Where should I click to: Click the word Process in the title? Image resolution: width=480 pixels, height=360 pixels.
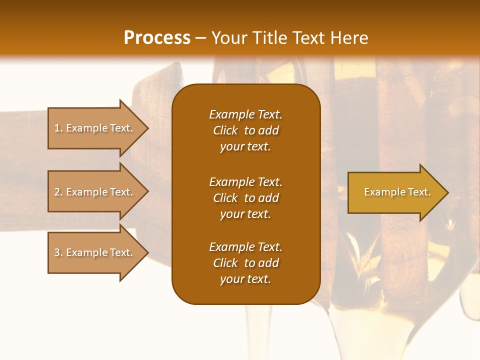(157, 38)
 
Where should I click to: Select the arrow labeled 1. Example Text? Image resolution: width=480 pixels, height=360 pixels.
(95, 128)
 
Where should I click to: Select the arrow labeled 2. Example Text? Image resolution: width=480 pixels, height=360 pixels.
(95, 192)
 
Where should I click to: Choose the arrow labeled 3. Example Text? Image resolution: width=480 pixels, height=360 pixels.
(95, 252)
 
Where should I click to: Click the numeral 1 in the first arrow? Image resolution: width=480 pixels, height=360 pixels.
(57, 128)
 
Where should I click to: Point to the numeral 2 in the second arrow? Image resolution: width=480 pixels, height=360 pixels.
(57, 192)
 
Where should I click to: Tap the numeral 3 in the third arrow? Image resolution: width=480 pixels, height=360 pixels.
(57, 252)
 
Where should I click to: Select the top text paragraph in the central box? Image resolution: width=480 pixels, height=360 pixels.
(245, 130)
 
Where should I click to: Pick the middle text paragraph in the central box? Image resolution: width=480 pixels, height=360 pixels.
(245, 198)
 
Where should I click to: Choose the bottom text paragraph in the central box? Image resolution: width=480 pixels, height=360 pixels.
(245, 263)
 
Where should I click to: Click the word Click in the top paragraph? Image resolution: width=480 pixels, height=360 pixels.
(225, 130)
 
